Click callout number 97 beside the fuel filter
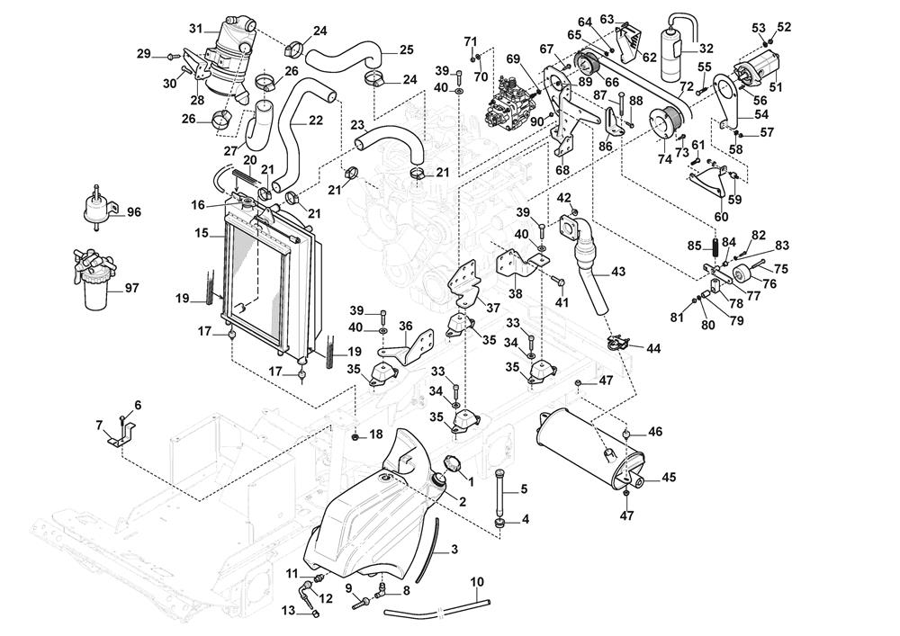coord(132,288)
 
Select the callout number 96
coord(134,213)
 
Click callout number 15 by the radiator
coord(201,233)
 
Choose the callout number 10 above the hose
coord(477,581)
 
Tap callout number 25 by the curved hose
coord(406,49)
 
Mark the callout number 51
coord(774,87)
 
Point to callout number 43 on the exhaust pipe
coord(617,272)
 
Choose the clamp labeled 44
coord(617,343)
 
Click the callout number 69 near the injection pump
coord(513,58)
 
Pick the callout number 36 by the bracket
coord(405,326)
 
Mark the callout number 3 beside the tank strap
coord(454,549)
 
